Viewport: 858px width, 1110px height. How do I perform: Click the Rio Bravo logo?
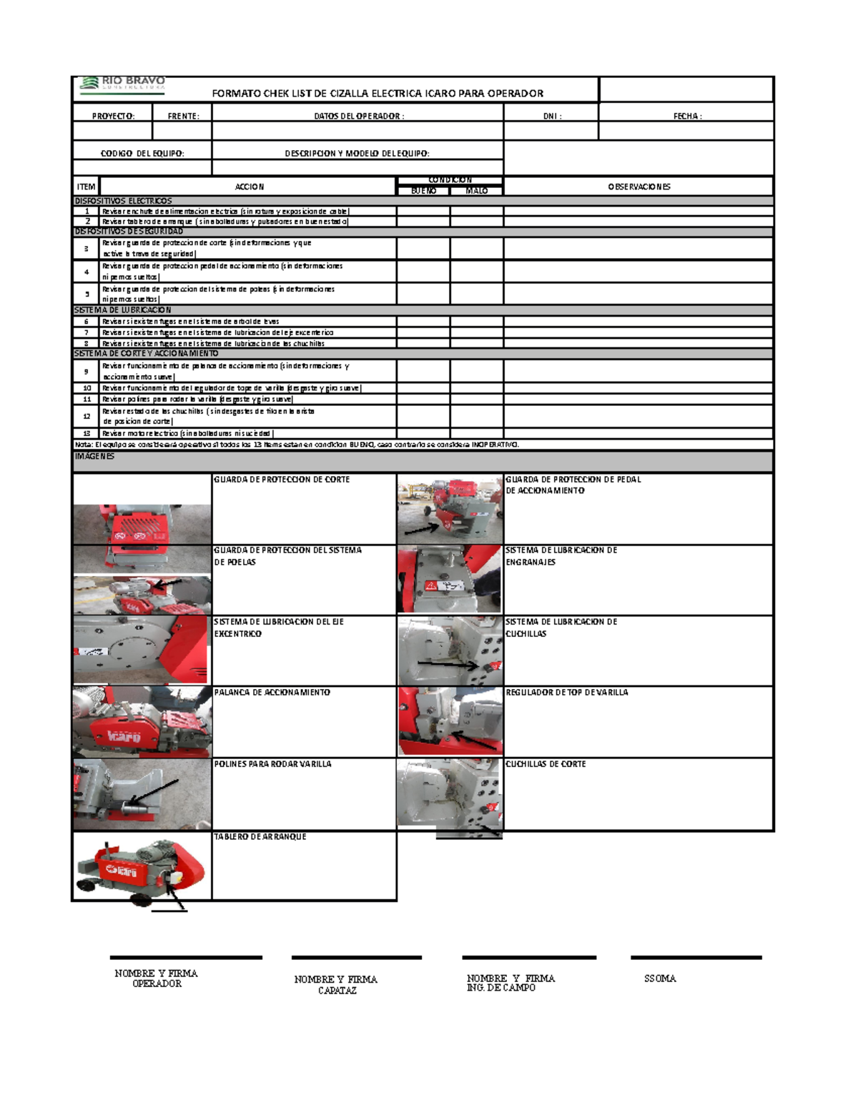[x=123, y=85]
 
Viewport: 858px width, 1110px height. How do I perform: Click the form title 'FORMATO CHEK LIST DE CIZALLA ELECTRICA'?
[x=377, y=93]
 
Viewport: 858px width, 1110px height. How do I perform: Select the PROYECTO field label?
[x=113, y=116]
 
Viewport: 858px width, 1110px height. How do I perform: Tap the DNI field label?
[x=551, y=116]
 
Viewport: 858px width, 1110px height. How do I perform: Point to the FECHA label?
[x=687, y=116]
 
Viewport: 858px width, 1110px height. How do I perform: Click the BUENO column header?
[x=423, y=191]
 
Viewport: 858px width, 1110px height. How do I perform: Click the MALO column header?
[x=476, y=191]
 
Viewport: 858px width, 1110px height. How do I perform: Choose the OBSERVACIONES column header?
[x=638, y=187]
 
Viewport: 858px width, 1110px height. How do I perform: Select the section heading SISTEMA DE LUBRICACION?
[x=123, y=310]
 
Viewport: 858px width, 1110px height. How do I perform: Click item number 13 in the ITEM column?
[x=87, y=433]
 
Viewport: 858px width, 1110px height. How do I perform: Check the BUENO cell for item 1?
[x=423, y=212]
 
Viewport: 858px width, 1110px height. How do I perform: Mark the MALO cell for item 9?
[x=476, y=371]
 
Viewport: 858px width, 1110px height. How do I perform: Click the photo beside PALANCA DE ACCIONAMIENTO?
[x=142, y=722]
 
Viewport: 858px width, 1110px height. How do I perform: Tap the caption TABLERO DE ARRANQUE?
[x=260, y=836]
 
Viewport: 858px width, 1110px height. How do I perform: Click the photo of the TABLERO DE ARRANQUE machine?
[x=142, y=866]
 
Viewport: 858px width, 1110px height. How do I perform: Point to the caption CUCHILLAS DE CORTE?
[x=546, y=764]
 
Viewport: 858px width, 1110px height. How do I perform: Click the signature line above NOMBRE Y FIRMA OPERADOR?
[x=186, y=957]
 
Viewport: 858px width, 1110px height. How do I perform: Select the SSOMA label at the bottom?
[x=659, y=978]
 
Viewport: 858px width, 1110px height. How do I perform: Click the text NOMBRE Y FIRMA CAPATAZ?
[x=335, y=984]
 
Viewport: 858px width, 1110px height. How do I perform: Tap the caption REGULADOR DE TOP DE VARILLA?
[x=566, y=692]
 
